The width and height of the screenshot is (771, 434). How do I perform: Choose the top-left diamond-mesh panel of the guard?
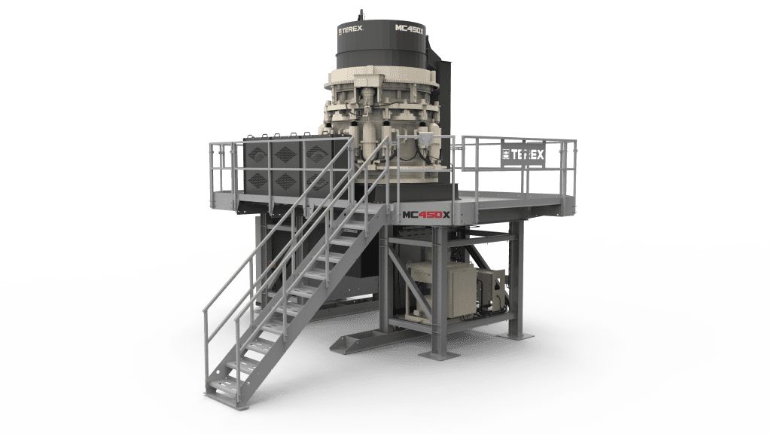(x=259, y=154)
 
